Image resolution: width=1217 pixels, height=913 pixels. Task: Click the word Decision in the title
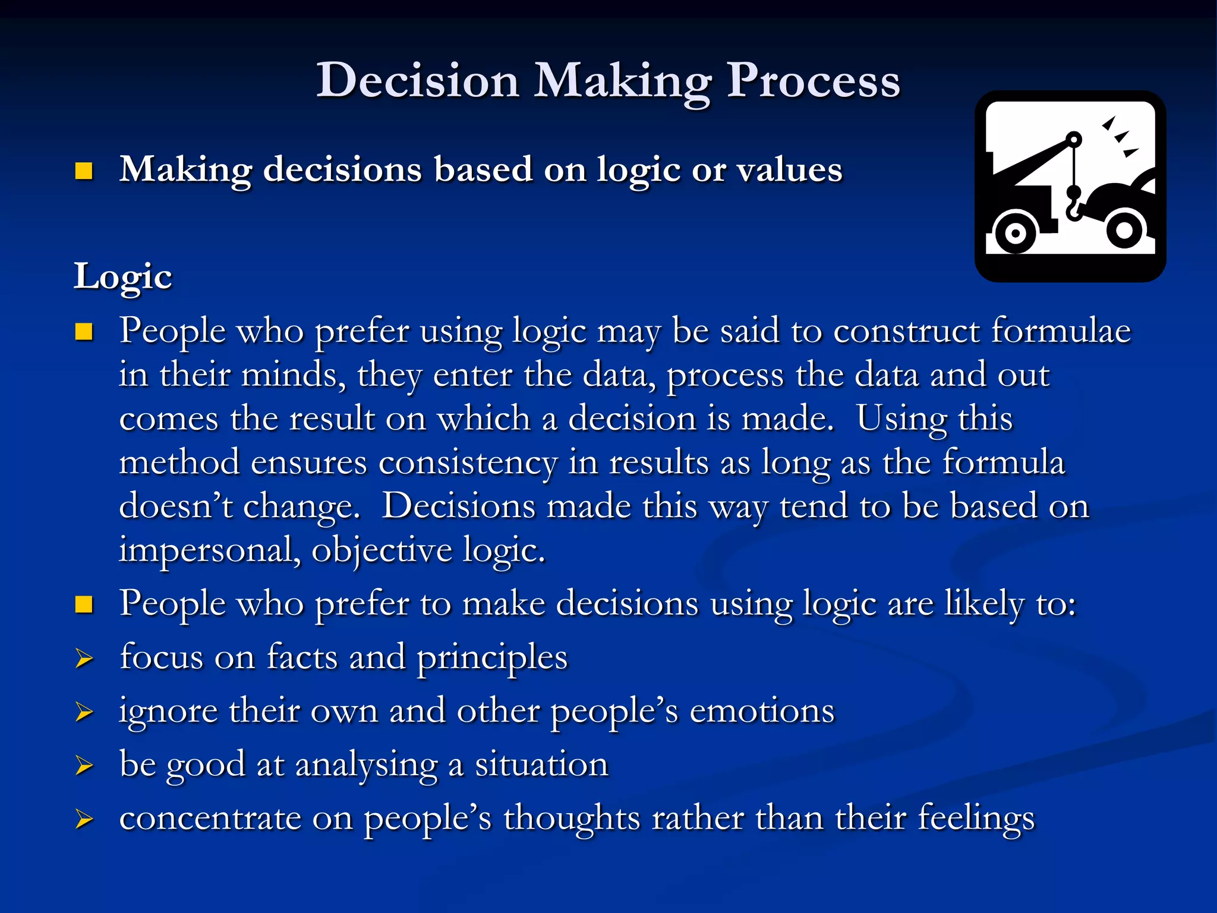point(417,80)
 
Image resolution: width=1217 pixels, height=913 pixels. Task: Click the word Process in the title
point(814,80)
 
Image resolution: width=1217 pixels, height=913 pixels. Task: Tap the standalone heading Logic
point(123,277)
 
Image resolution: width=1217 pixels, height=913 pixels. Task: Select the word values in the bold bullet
point(790,170)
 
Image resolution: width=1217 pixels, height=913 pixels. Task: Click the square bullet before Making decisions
point(84,171)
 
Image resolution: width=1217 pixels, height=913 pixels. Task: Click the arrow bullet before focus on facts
point(84,659)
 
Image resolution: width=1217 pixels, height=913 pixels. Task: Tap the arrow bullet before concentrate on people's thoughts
point(84,820)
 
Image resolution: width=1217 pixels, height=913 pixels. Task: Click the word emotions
point(762,711)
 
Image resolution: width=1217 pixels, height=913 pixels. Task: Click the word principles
point(492,658)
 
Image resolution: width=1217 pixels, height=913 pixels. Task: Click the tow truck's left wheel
point(1016,232)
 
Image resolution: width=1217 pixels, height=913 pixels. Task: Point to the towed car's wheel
point(1124,229)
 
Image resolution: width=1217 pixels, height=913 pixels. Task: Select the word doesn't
point(176,506)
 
